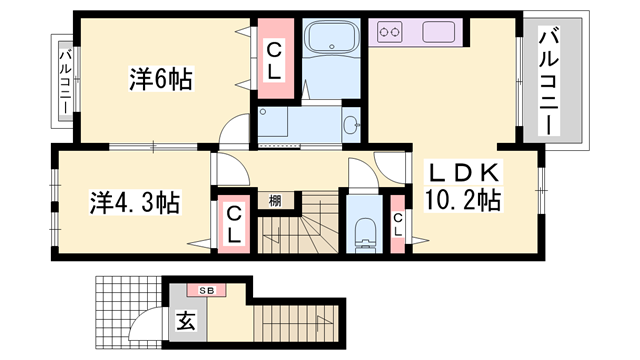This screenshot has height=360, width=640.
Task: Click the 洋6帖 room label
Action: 160,78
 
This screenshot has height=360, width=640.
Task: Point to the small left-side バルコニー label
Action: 64,79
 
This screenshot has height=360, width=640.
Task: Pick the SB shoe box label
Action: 206,290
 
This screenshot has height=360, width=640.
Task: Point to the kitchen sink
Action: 440,33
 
